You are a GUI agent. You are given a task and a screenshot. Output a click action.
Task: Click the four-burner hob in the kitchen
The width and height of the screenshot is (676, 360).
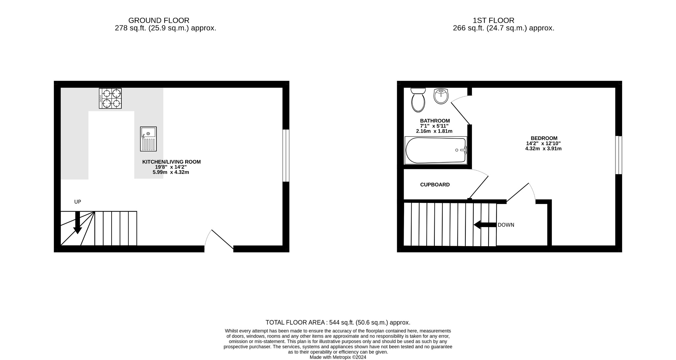point(110,98)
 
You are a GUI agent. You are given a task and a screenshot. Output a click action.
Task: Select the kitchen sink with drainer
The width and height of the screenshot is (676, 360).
point(148,139)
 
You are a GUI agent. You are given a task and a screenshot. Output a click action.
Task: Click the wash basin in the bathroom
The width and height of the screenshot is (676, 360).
point(441,96)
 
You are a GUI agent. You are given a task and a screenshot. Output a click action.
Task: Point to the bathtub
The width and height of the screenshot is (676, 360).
point(436,150)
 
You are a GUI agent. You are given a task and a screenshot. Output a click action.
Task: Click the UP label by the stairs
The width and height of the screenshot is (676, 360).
point(78,202)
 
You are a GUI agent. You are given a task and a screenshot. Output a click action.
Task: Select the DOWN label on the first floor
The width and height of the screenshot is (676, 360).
point(506,225)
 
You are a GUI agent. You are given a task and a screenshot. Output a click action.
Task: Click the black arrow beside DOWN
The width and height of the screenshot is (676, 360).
point(485,225)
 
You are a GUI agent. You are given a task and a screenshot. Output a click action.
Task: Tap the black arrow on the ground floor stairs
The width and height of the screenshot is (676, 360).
point(78,222)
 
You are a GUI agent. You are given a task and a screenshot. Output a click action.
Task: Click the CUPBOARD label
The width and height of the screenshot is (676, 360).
point(435,185)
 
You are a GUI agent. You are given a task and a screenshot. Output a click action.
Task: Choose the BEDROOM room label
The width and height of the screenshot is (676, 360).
point(544,138)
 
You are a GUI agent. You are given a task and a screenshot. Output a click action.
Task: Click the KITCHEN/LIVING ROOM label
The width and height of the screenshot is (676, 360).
point(171,162)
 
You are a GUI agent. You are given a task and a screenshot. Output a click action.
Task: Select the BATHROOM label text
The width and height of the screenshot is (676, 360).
point(435,121)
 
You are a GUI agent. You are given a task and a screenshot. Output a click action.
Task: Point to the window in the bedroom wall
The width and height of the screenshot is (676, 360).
point(619,155)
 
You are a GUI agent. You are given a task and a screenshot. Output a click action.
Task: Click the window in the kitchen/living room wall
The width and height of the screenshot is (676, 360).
point(286,155)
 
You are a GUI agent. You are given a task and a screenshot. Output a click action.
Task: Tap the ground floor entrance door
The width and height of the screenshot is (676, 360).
point(222,239)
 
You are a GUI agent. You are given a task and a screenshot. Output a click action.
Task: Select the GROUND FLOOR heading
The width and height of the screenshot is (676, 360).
point(159,20)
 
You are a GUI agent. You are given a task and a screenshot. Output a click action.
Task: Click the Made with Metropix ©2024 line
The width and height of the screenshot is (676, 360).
point(338,357)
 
